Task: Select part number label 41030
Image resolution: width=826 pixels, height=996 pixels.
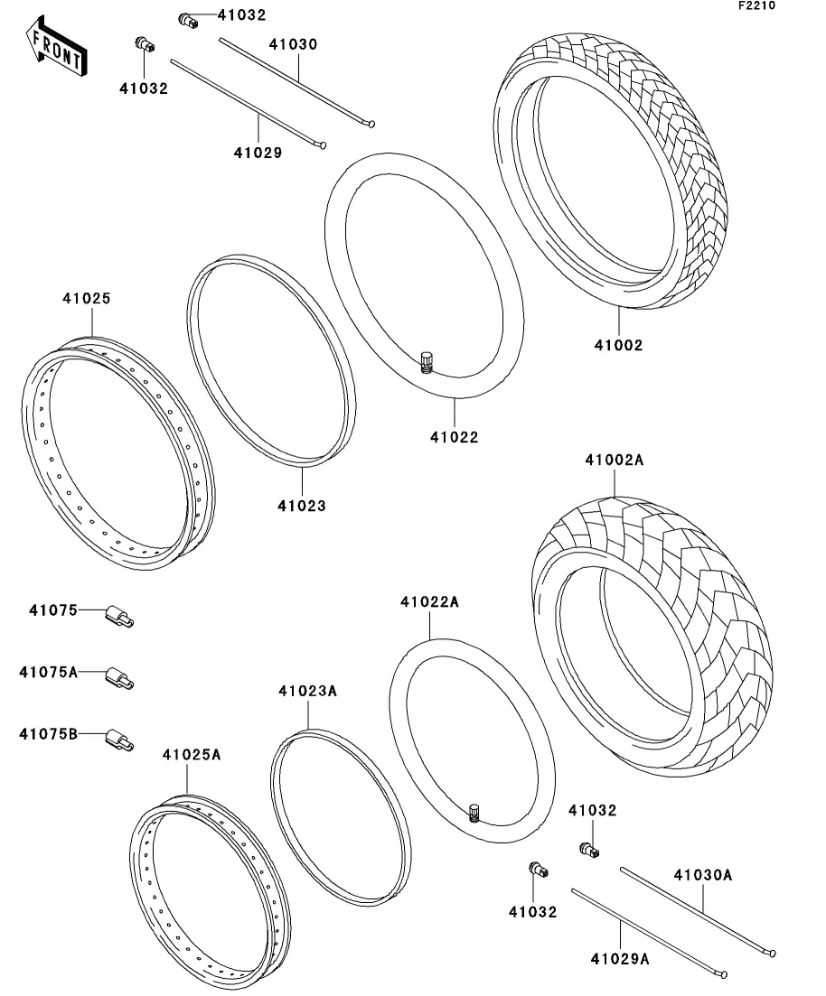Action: click(x=292, y=43)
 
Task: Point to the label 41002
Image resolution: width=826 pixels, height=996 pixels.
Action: click(x=618, y=345)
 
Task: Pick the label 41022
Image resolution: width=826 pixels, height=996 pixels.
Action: click(x=454, y=438)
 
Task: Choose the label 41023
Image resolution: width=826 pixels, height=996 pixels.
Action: click(x=301, y=506)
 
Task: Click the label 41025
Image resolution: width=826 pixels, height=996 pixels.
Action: click(x=87, y=298)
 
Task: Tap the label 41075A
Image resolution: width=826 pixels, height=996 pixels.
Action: click(x=49, y=672)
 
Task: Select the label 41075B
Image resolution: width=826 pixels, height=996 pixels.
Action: click(x=49, y=733)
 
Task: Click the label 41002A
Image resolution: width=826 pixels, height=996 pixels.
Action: click(x=614, y=460)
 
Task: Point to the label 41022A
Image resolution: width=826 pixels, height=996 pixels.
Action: click(x=430, y=601)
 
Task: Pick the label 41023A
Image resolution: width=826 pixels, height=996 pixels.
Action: click(x=307, y=691)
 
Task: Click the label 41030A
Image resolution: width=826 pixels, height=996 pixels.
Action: click(x=702, y=874)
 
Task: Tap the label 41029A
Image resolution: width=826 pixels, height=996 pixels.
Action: click(x=620, y=959)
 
